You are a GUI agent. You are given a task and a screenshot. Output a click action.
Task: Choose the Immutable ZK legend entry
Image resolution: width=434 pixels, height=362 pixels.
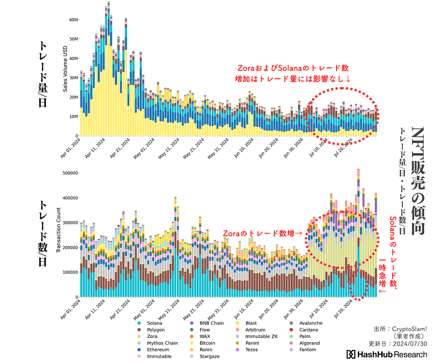257,336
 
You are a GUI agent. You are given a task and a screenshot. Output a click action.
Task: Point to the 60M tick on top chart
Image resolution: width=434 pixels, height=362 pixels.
74,20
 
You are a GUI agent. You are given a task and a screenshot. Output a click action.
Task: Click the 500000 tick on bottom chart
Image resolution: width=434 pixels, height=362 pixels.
71,173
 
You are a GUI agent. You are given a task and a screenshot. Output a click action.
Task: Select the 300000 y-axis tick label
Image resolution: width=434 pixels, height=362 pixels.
71,222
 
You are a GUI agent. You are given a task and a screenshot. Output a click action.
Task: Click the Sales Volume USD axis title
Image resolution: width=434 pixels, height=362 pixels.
65,69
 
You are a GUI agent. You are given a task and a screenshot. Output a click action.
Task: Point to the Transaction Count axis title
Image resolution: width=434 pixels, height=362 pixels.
58,230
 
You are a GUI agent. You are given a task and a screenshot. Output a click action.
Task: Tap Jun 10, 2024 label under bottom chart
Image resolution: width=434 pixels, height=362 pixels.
243,310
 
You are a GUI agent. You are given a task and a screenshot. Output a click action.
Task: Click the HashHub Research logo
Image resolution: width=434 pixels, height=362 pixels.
386,354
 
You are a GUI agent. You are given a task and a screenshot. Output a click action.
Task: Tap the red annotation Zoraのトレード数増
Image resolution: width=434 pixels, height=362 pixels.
263,233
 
